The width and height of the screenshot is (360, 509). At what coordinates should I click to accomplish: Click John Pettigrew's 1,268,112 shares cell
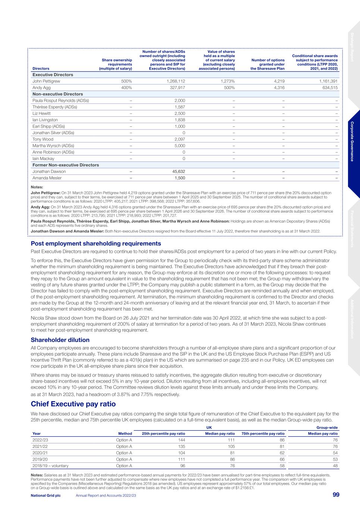(x=174, y=81)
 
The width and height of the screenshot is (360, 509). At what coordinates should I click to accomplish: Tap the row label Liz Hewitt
(x=41, y=113)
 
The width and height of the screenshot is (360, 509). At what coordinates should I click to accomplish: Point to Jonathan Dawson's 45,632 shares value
(x=178, y=172)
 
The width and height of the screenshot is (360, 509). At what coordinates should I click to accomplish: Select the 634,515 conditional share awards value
(x=328, y=88)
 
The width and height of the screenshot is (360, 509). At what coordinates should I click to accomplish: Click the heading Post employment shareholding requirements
(x=96, y=243)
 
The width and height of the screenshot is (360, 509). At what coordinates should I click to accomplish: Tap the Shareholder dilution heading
(x=60, y=340)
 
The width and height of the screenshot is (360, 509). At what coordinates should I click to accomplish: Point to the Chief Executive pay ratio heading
(x=73, y=404)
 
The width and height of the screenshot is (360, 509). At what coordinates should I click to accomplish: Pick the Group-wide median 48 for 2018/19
(x=335, y=466)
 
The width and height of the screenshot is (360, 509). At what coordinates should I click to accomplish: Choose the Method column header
(x=125, y=434)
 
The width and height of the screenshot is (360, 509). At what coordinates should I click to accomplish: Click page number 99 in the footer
(x=336, y=495)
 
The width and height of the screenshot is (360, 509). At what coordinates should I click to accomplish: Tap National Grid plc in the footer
(x=46, y=495)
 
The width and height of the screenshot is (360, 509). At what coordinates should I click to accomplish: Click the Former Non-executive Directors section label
(x=66, y=165)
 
